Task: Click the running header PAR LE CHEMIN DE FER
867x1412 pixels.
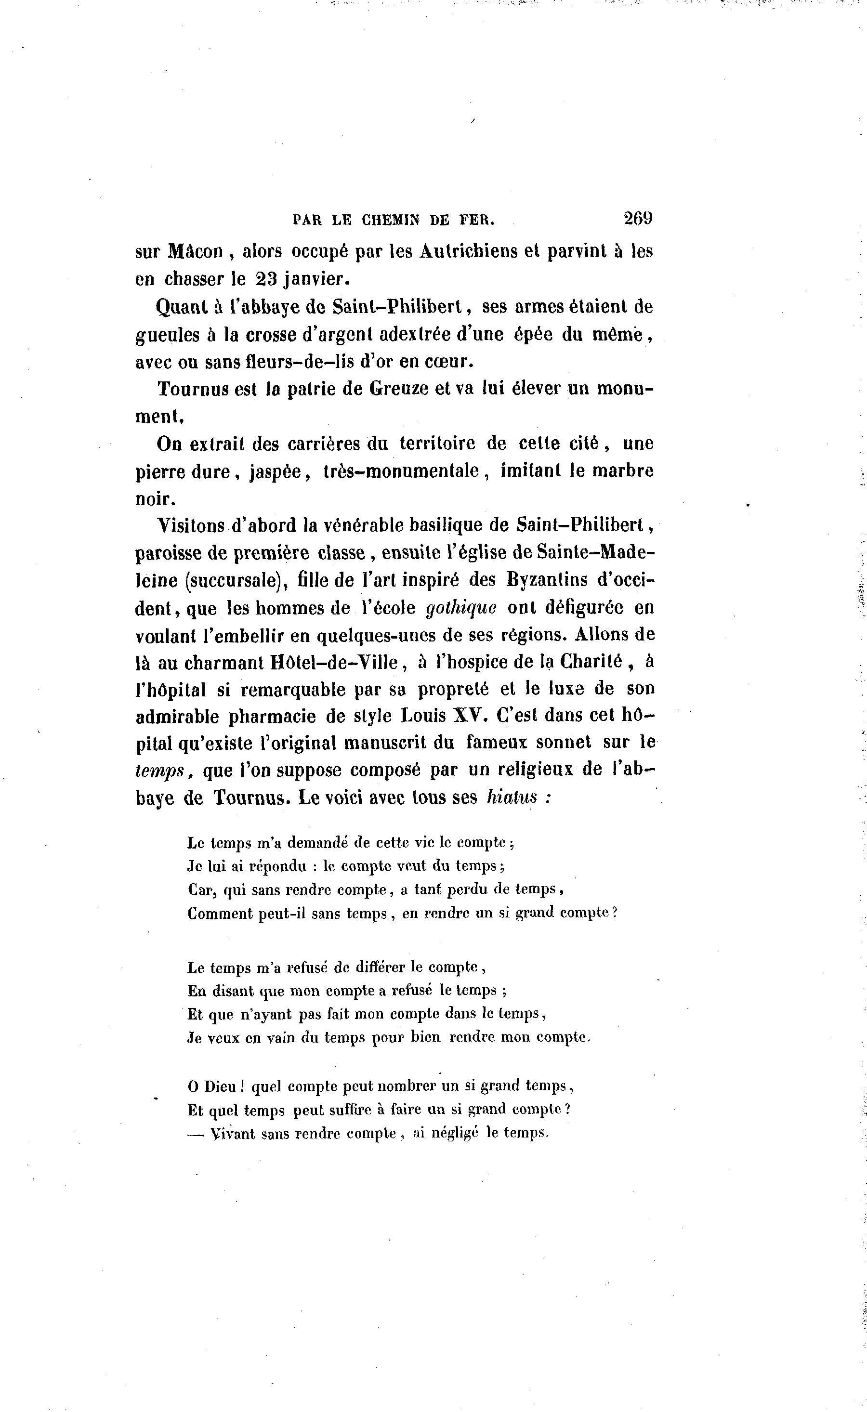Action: click(394, 220)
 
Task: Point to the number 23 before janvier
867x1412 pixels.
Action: click(268, 279)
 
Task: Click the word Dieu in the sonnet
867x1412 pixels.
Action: click(217, 1086)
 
